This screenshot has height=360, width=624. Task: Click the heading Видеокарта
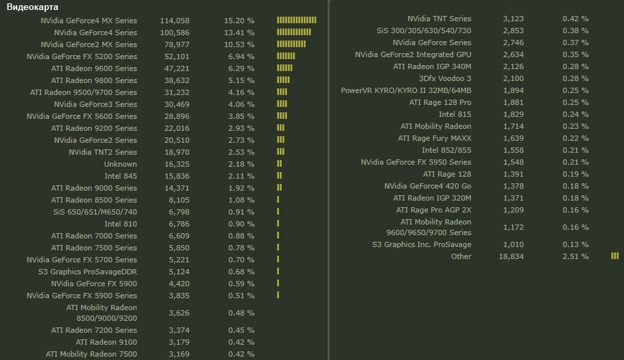pos(33,7)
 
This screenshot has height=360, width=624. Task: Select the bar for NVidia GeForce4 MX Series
pos(296,21)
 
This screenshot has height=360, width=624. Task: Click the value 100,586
pos(175,33)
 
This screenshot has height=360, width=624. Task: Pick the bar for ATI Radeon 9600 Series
pos(284,68)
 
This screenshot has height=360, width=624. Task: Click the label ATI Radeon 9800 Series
pos(94,80)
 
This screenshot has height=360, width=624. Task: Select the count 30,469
pos(175,104)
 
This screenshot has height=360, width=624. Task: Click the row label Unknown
pos(120,164)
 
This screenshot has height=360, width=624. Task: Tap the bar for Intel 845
pos(280,176)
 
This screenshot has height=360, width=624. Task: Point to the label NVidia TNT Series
pos(439,19)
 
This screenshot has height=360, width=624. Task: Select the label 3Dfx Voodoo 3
pos(445,78)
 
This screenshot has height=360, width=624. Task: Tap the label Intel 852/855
pos(447,150)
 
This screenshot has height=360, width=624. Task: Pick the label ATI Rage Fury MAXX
pos(435,138)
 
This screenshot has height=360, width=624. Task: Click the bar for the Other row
pos(615,256)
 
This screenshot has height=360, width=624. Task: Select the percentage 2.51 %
pos(575,256)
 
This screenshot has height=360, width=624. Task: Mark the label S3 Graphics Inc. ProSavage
pos(422,244)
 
